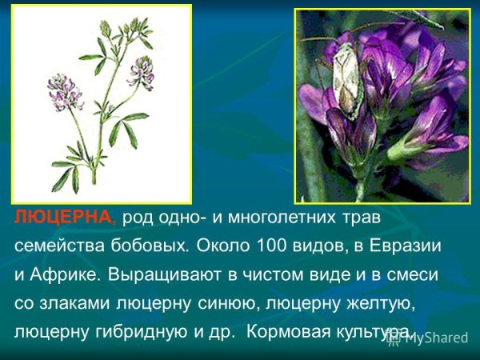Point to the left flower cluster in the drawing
65,90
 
